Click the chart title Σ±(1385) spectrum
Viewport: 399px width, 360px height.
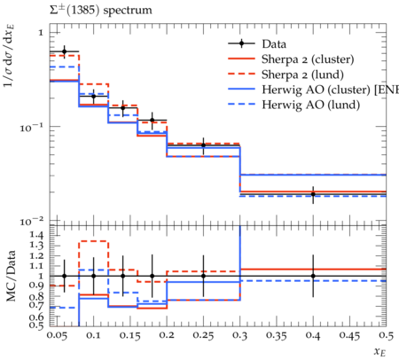(100, 10)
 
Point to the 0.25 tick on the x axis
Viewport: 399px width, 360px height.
(203, 335)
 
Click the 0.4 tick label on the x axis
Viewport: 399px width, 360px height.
(313, 335)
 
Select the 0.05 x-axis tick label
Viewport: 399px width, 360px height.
(58, 335)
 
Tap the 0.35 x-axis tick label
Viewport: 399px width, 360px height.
(277, 335)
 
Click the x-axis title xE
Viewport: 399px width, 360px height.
(379, 352)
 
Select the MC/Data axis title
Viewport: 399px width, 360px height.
(11, 276)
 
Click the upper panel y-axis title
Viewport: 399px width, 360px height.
(9, 56)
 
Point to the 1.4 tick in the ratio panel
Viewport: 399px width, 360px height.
(36, 235)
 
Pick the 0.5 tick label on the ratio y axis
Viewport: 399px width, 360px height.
(36, 325)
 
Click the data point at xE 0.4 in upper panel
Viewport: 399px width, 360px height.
(313, 194)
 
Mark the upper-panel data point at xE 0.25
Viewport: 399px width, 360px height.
(203, 145)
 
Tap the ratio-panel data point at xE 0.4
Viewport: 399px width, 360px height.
(313, 276)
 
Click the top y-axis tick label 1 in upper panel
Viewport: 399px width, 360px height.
(41, 33)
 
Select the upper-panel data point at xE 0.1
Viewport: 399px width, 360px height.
(94, 96)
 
